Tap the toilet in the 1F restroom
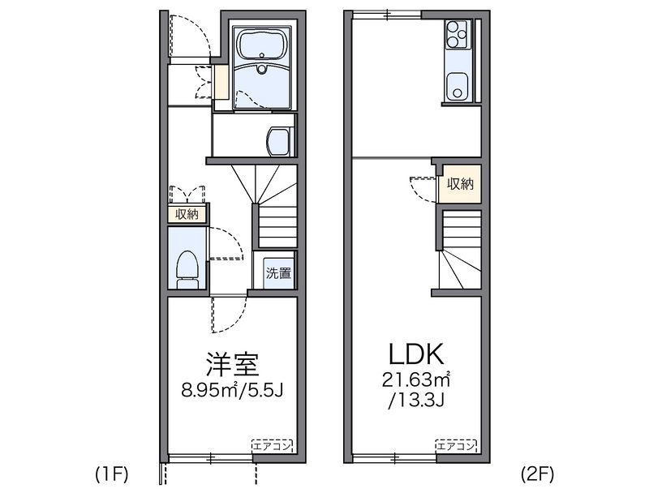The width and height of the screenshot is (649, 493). click(187, 268)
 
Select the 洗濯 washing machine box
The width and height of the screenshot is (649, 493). click(277, 273)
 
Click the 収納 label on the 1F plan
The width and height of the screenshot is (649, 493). click(187, 214)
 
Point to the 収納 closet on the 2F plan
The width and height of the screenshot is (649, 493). click(460, 184)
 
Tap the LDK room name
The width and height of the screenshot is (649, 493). click(415, 354)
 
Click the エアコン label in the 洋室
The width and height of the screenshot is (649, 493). click(271, 446)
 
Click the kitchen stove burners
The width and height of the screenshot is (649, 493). click(456, 35)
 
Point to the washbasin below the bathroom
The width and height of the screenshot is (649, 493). click(277, 141)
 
